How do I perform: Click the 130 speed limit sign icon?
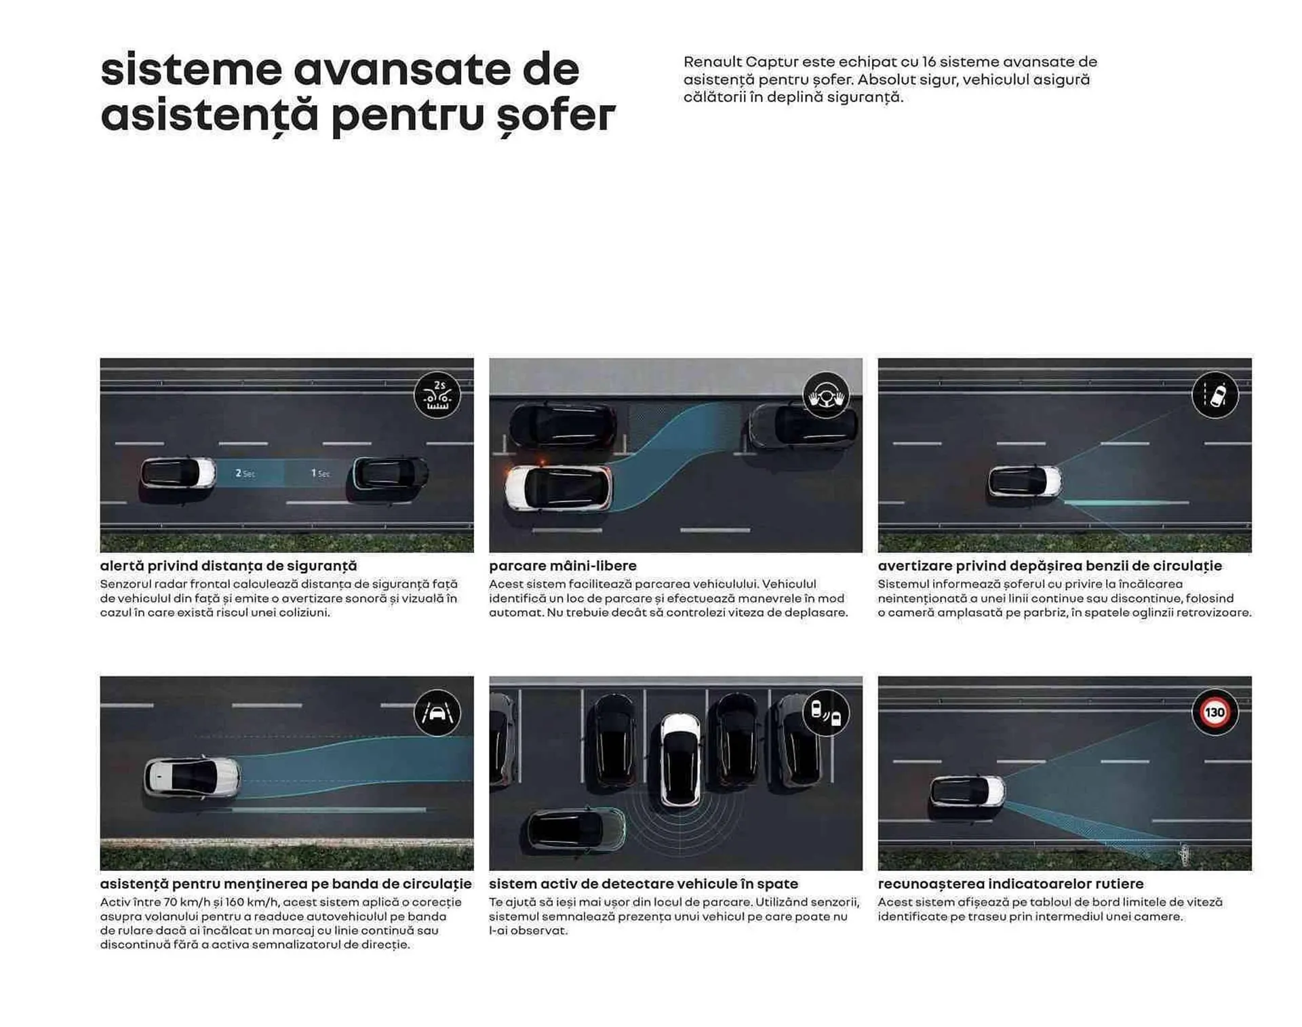[1215, 712]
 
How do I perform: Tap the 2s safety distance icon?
[437, 395]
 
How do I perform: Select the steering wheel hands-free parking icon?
[826, 395]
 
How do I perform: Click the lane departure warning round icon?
[1215, 395]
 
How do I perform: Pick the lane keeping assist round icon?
[437, 712]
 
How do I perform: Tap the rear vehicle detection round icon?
[826, 712]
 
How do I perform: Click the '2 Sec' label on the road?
[245, 473]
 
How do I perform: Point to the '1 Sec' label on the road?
[320, 473]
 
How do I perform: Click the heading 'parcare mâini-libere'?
[562, 566]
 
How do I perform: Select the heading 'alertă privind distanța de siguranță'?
[229, 566]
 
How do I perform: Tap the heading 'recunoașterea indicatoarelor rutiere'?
[1010, 884]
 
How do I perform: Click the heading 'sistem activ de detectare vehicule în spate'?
[643, 884]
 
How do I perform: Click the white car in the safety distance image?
[178, 473]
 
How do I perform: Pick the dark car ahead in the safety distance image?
[391, 473]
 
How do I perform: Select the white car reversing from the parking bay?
[680, 760]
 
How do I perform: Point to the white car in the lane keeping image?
[193, 777]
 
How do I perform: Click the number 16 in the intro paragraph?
[928, 62]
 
